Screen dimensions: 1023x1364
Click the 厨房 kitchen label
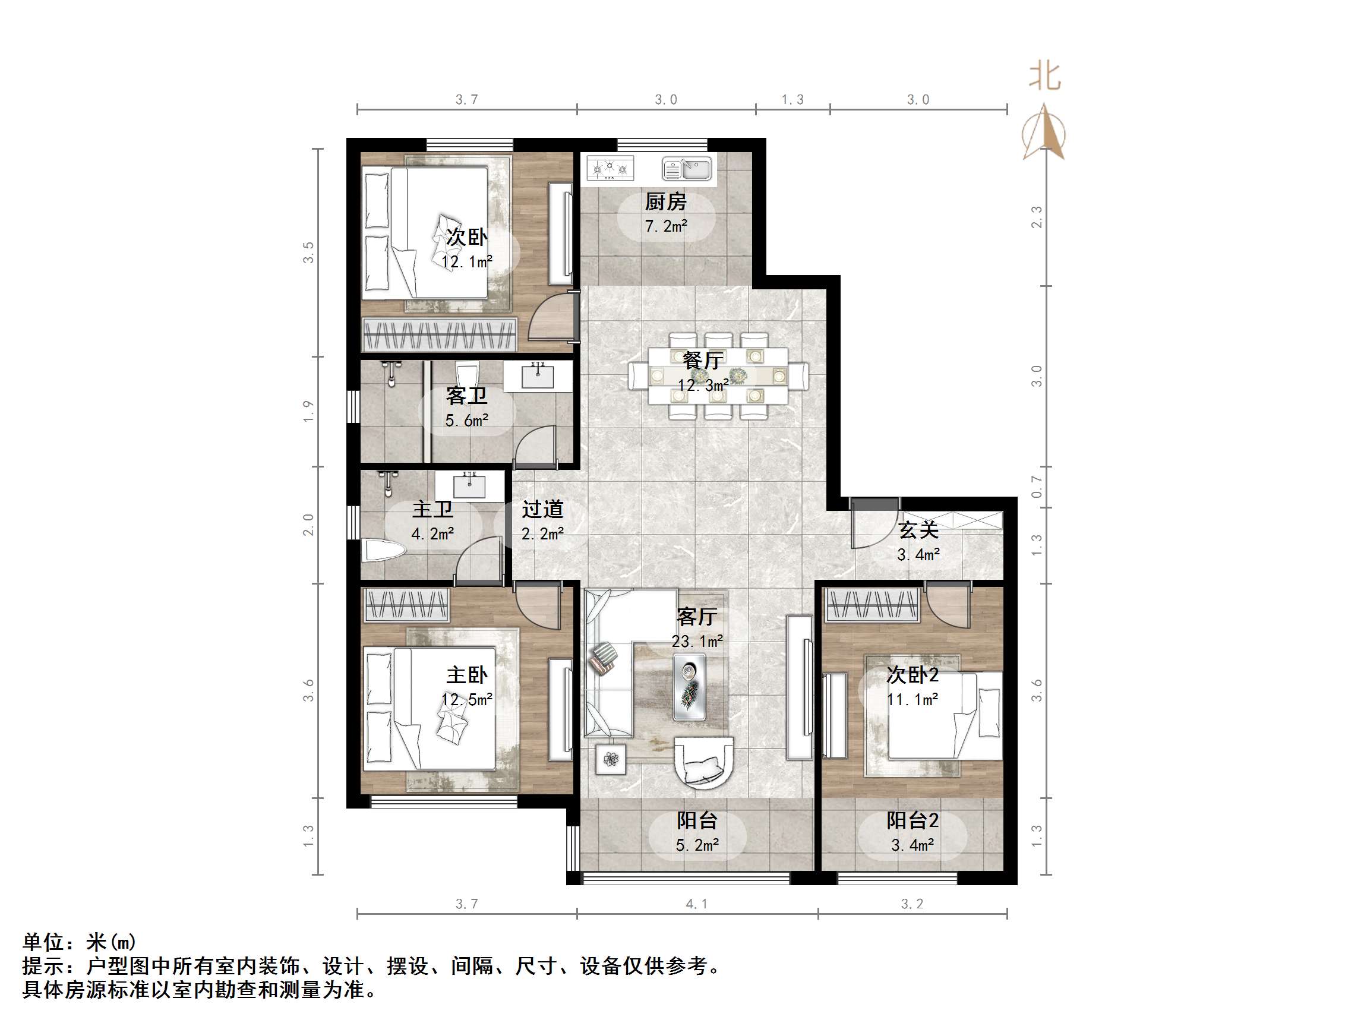(x=665, y=201)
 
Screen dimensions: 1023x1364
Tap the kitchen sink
(x=687, y=168)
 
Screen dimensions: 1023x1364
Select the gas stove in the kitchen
(x=610, y=168)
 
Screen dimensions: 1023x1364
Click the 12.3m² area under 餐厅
(x=703, y=386)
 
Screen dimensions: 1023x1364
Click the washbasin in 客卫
(x=538, y=375)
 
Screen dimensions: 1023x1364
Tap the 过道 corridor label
(x=542, y=509)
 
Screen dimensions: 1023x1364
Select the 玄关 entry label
(x=918, y=529)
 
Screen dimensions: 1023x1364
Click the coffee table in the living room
(x=689, y=686)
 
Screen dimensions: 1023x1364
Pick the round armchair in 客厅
(x=703, y=762)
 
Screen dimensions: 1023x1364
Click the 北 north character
(x=1044, y=77)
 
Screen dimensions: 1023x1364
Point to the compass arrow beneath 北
(x=1044, y=132)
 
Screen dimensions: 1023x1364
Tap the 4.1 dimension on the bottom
(x=697, y=904)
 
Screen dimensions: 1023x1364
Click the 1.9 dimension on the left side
(x=308, y=411)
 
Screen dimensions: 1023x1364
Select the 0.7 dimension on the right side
(x=1037, y=487)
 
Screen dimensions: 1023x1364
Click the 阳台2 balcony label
(x=913, y=820)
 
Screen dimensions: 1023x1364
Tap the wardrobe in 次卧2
(x=873, y=604)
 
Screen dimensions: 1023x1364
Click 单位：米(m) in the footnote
(x=79, y=942)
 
